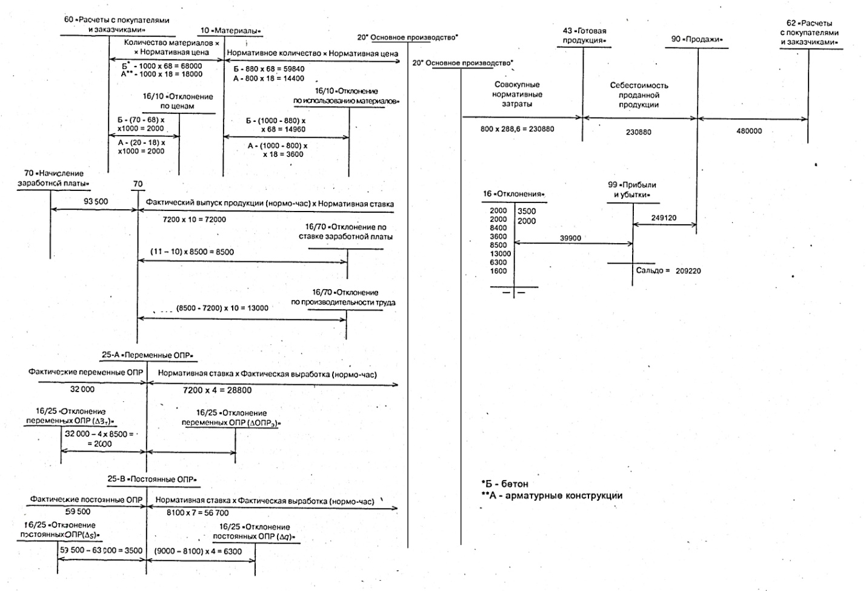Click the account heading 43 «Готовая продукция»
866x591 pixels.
click(584, 36)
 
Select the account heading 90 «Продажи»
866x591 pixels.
click(697, 39)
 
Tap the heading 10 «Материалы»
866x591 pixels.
click(230, 31)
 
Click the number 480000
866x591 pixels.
click(749, 131)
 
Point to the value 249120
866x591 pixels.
click(664, 218)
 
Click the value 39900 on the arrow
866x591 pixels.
click(570, 238)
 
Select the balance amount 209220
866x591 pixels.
click(688, 271)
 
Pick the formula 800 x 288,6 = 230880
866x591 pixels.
click(517, 129)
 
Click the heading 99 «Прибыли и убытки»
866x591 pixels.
click(632, 190)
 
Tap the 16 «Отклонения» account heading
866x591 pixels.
click(513, 194)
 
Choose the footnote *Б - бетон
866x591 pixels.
click(505, 484)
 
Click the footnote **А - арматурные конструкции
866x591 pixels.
click(551, 495)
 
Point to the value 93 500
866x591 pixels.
click(96, 201)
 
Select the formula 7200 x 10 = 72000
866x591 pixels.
click(194, 219)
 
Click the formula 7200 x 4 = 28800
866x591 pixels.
click(217, 390)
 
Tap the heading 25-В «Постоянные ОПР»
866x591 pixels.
click(152, 479)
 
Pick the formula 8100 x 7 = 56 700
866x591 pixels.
click(198, 513)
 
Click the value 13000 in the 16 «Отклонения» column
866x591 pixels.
click(500, 254)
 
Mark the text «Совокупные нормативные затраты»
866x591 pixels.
click(517, 95)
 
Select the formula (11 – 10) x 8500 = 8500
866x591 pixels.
click(192, 252)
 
